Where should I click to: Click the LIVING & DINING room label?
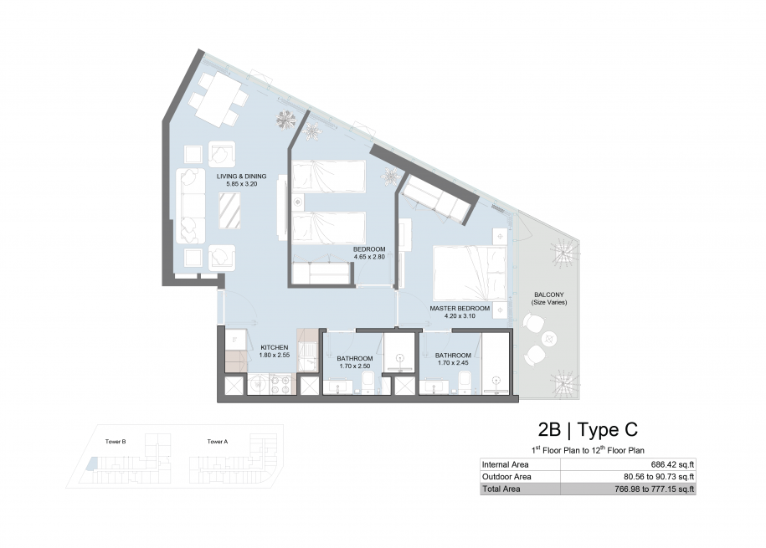click(x=241, y=177)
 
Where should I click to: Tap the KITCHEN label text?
click(x=274, y=348)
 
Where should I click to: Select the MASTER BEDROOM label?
click(x=460, y=309)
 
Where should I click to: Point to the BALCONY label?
click(x=549, y=295)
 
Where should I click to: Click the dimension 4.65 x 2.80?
click(x=369, y=257)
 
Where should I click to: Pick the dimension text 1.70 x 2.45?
click(x=453, y=363)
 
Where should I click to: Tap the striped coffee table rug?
click(x=229, y=211)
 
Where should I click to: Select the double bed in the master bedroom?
click(x=470, y=273)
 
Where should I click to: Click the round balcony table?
click(x=549, y=337)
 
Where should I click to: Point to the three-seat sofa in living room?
click(x=191, y=206)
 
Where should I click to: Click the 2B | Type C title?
click(x=588, y=430)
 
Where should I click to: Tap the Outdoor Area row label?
click(x=506, y=477)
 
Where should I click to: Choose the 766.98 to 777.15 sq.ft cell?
click(x=655, y=489)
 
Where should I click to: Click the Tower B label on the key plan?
click(x=116, y=442)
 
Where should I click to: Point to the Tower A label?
click(x=218, y=442)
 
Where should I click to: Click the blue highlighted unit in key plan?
click(x=92, y=463)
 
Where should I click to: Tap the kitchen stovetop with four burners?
click(x=280, y=384)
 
